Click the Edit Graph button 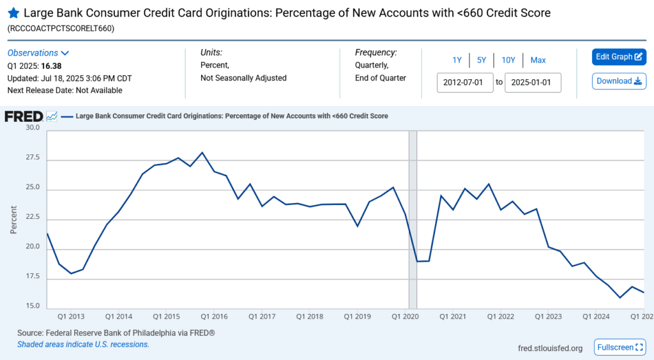(619, 57)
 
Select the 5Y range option (482, 60)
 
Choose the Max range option (538, 60)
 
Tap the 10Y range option (508, 60)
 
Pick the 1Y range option (457, 60)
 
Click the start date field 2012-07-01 (465, 83)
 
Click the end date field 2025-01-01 (533, 83)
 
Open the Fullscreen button (619, 347)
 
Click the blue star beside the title (13, 13)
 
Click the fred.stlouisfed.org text (550, 348)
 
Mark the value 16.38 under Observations (51, 66)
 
